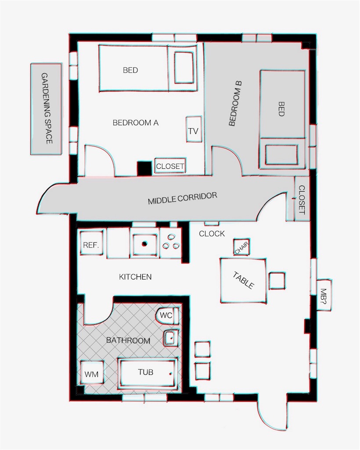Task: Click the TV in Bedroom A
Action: (x=194, y=129)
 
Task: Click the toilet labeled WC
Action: (x=167, y=316)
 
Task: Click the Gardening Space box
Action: (x=46, y=109)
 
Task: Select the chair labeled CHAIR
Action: (x=241, y=247)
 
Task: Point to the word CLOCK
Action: (x=212, y=234)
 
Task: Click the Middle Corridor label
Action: (x=183, y=198)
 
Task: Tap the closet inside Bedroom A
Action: (x=170, y=166)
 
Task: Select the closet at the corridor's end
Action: (x=302, y=199)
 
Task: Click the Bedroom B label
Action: (x=236, y=104)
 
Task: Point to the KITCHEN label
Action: (x=135, y=277)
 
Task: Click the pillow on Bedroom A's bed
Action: (x=184, y=68)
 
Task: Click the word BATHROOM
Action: (x=128, y=341)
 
